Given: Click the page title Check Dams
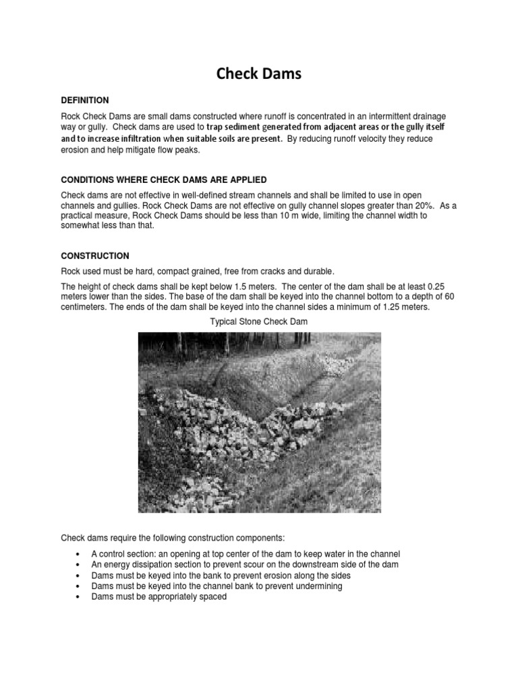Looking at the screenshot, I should pyautogui.click(x=259, y=74).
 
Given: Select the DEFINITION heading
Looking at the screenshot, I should pyautogui.click(x=84, y=100).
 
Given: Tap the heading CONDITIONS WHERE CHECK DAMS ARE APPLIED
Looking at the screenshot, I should pyautogui.click(x=164, y=179).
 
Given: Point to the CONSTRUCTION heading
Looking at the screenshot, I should pyautogui.click(x=95, y=256).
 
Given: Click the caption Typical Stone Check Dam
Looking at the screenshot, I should pyautogui.click(x=259, y=322).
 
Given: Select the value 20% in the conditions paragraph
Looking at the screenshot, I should pyautogui.click(x=396, y=205).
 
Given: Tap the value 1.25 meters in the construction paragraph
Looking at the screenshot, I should pyautogui.click(x=393, y=308).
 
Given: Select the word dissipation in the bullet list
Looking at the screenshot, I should pyautogui.click(x=157, y=564).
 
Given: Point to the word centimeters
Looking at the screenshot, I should pyautogui.click(x=85, y=308).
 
